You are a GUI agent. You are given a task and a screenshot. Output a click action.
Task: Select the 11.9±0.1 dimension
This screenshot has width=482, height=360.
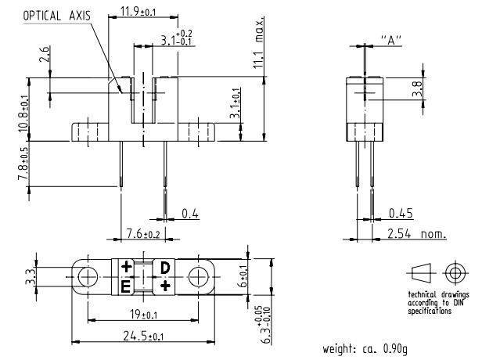point(136,11)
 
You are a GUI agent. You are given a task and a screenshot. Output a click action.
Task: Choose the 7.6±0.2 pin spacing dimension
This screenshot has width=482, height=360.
point(143,234)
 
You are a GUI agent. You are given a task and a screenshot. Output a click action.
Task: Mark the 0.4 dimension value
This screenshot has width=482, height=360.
point(189,213)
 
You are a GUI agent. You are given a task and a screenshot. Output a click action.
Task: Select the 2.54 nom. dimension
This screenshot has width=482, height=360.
point(417,234)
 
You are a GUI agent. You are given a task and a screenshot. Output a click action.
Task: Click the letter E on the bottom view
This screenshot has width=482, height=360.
point(125,287)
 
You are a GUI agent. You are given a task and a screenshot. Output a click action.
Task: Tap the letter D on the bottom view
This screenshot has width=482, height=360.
point(165,268)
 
